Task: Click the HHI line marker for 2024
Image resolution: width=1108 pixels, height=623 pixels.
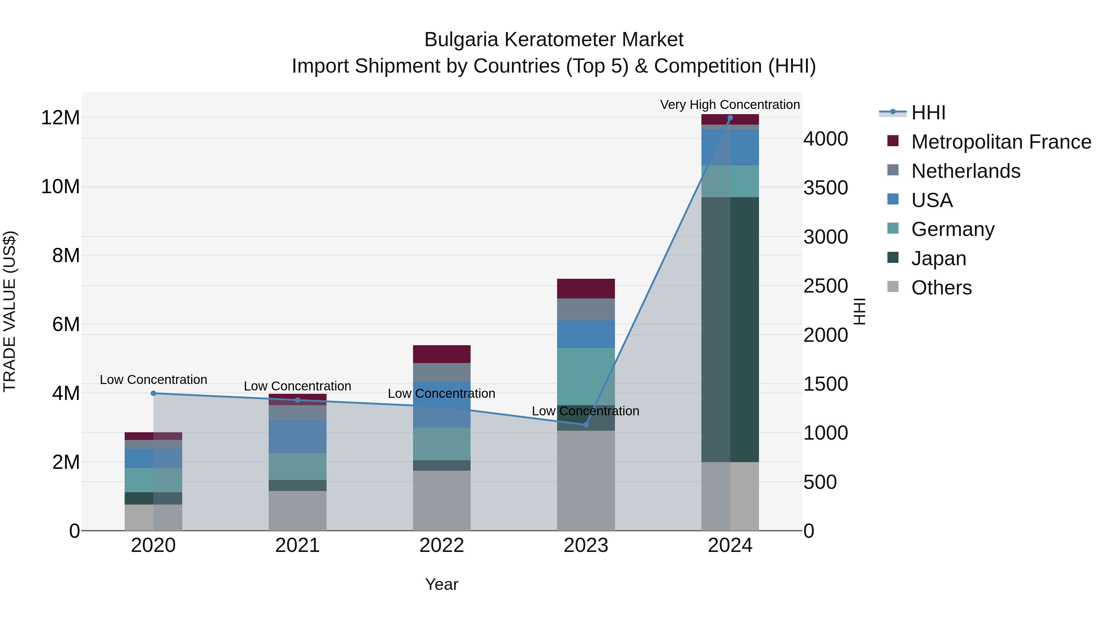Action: (730, 118)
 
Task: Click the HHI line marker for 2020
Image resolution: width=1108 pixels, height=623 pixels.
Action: (154, 393)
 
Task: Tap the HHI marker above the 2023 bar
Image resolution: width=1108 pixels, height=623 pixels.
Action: (586, 425)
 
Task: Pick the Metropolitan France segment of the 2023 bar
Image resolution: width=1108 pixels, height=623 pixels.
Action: (586, 289)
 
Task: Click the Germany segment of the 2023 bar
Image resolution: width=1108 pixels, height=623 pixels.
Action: (586, 376)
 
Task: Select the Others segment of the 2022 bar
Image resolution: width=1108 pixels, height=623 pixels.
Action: (442, 501)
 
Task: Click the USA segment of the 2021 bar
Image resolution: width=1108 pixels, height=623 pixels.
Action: (298, 436)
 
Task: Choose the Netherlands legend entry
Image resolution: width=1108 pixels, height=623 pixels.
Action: (965, 171)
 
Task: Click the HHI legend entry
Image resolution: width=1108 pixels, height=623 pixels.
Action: (928, 113)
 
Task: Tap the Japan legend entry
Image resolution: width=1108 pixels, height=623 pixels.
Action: (938, 258)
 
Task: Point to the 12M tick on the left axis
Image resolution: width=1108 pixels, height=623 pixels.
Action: (60, 118)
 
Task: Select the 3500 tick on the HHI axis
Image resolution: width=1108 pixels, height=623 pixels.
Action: (825, 188)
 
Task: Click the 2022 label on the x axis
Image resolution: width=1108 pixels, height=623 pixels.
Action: (442, 545)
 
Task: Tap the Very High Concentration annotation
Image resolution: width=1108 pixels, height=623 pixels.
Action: (730, 105)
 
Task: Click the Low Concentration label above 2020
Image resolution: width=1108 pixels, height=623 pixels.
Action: (154, 380)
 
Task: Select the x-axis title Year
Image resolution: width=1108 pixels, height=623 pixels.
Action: (442, 584)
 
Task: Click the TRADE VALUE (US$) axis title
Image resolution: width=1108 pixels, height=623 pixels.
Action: (10, 311)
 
